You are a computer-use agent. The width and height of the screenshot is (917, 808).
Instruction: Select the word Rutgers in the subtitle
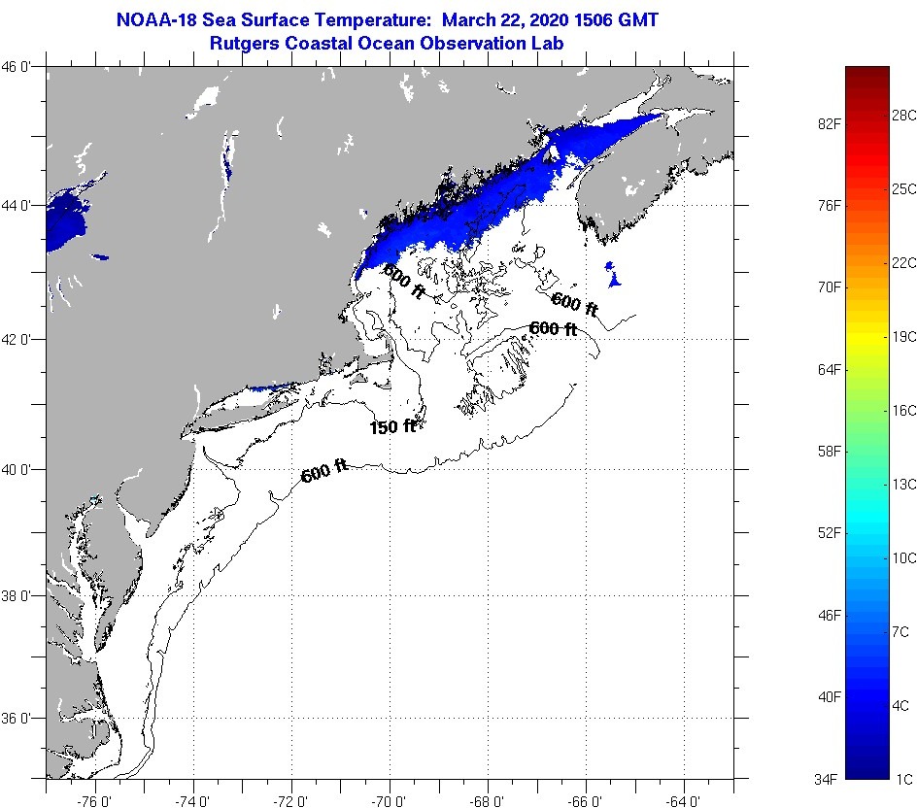click(x=246, y=43)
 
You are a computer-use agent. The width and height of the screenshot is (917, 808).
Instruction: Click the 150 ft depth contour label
click(x=392, y=426)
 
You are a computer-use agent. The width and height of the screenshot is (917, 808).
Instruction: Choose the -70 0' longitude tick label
click(x=389, y=801)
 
